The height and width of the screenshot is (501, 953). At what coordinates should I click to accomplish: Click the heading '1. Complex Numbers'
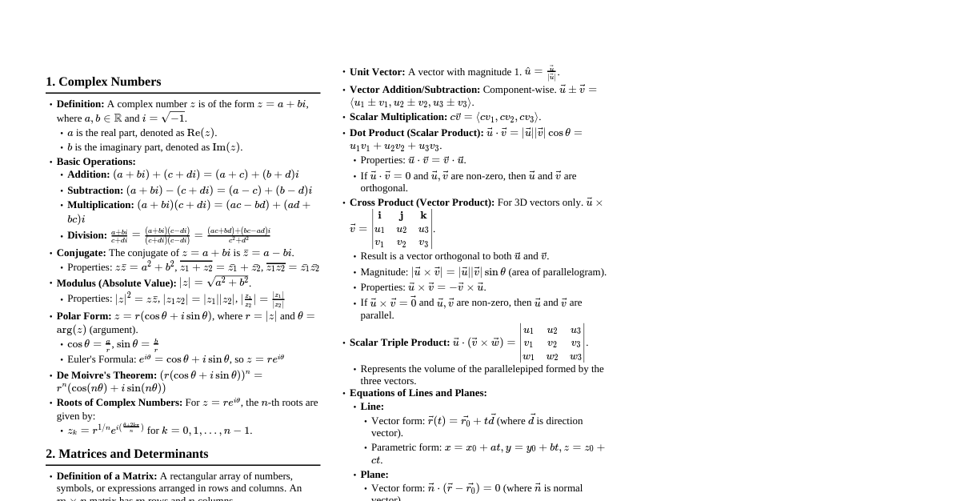(x=103, y=82)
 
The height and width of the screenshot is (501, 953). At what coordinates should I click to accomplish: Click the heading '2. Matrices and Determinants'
(x=126, y=454)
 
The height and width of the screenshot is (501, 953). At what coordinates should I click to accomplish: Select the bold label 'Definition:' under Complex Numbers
(x=80, y=104)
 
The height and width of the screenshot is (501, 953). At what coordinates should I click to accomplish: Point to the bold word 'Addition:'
(x=88, y=174)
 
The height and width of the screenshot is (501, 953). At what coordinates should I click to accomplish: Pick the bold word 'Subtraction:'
(x=95, y=190)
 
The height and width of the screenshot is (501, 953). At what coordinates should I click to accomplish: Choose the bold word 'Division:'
(x=87, y=235)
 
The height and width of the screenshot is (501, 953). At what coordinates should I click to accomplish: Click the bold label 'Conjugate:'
(x=81, y=253)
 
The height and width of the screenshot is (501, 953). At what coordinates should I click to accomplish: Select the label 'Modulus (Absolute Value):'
(x=116, y=283)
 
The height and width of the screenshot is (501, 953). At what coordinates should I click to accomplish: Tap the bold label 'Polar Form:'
(x=84, y=316)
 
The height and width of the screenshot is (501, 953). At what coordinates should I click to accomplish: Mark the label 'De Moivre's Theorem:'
(x=106, y=375)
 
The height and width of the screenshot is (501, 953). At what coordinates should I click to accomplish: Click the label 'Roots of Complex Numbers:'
(x=119, y=403)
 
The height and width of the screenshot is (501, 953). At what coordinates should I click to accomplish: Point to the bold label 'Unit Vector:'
(x=377, y=72)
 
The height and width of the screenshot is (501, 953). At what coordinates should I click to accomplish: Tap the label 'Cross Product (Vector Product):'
(x=422, y=202)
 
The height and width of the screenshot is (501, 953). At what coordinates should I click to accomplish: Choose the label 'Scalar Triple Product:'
(x=399, y=343)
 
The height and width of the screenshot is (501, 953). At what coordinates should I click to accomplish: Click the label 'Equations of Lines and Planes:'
(x=418, y=393)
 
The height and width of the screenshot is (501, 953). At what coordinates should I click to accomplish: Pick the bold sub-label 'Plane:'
(x=374, y=475)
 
